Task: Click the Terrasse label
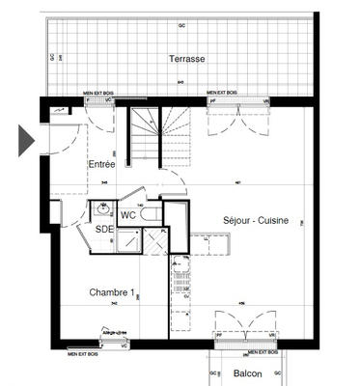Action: pyautogui.click(x=186, y=59)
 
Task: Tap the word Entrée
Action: pyautogui.click(x=101, y=165)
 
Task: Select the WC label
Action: pyautogui.click(x=127, y=215)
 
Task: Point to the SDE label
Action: pyautogui.click(x=103, y=229)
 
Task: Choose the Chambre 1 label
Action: pyautogui.click(x=110, y=292)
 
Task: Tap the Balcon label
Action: pyautogui.click(x=246, y=373)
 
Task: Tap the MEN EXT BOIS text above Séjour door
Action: pyautogui.click(x=225, y=92)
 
